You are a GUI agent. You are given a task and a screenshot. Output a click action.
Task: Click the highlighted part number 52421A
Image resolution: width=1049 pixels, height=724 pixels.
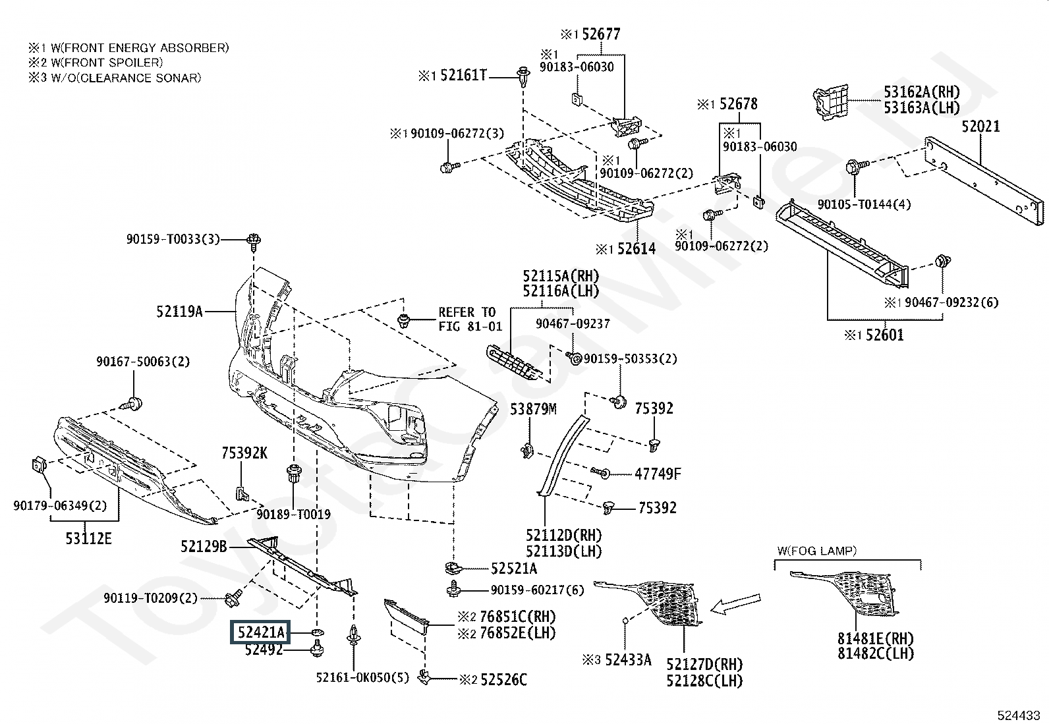point(260,632)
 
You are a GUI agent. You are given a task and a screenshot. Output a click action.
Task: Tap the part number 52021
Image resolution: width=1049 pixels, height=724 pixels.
point(980,126)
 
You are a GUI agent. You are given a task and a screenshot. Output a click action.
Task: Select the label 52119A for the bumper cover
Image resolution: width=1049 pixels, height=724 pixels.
point(179,311)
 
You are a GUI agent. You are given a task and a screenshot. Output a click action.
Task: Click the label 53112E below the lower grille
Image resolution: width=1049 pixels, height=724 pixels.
point(88,538)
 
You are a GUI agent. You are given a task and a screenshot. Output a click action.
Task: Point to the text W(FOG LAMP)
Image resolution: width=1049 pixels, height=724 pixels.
point(816,551)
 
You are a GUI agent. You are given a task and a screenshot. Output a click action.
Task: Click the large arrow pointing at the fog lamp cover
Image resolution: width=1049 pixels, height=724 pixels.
point(735,604)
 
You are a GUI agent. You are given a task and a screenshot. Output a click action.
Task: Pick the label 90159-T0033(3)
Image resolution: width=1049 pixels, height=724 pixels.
point(173,239)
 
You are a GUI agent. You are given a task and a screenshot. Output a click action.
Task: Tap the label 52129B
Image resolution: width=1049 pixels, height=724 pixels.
point(204,547)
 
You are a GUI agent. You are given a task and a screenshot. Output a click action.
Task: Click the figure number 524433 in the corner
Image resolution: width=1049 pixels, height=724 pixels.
point(1019,715)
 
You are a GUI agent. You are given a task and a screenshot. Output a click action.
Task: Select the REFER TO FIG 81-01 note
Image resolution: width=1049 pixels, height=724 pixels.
point(470,320)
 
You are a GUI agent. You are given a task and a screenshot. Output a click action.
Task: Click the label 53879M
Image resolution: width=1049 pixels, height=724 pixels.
point(533,409)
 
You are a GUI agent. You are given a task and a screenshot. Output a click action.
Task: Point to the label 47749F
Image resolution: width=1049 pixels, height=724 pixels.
point(658,474)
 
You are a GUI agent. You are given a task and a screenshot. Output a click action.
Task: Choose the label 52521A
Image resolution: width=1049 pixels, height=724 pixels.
point(514,569)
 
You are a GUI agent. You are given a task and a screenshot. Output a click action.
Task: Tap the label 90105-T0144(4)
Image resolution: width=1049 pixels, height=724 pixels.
point(864,204)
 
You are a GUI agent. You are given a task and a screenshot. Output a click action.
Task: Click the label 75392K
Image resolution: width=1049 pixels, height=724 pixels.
point(244,453)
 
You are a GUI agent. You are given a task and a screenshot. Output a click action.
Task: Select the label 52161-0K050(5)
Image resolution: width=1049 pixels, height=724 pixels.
point(362,677)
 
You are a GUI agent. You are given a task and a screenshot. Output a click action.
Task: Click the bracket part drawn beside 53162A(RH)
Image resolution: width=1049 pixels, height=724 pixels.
point(830,102)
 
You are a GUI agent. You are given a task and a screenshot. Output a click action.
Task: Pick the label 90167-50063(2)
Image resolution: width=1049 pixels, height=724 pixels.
point(143,362)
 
